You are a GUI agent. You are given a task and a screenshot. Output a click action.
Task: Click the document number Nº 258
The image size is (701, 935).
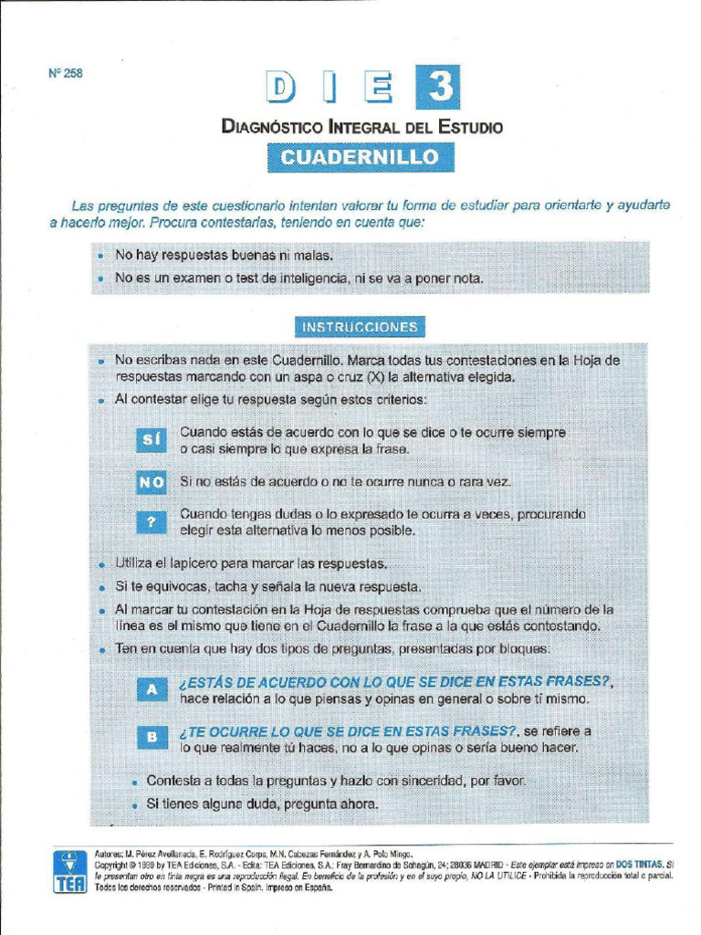point(65,74)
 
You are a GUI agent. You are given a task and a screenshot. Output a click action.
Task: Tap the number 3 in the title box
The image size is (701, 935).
point(437,89)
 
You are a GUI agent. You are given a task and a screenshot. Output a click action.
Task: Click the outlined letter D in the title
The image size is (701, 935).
point(284,89)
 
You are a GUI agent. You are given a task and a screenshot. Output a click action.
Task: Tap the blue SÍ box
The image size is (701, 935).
point(151,441)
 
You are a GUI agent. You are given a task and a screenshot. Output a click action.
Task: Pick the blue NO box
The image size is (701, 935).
point(151,481)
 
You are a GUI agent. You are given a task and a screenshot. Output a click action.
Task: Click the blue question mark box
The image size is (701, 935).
point(151,521)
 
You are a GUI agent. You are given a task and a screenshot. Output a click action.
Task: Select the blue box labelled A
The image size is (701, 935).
point(152,690)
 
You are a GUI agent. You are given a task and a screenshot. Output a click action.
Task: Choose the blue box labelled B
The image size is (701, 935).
point(152,737)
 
